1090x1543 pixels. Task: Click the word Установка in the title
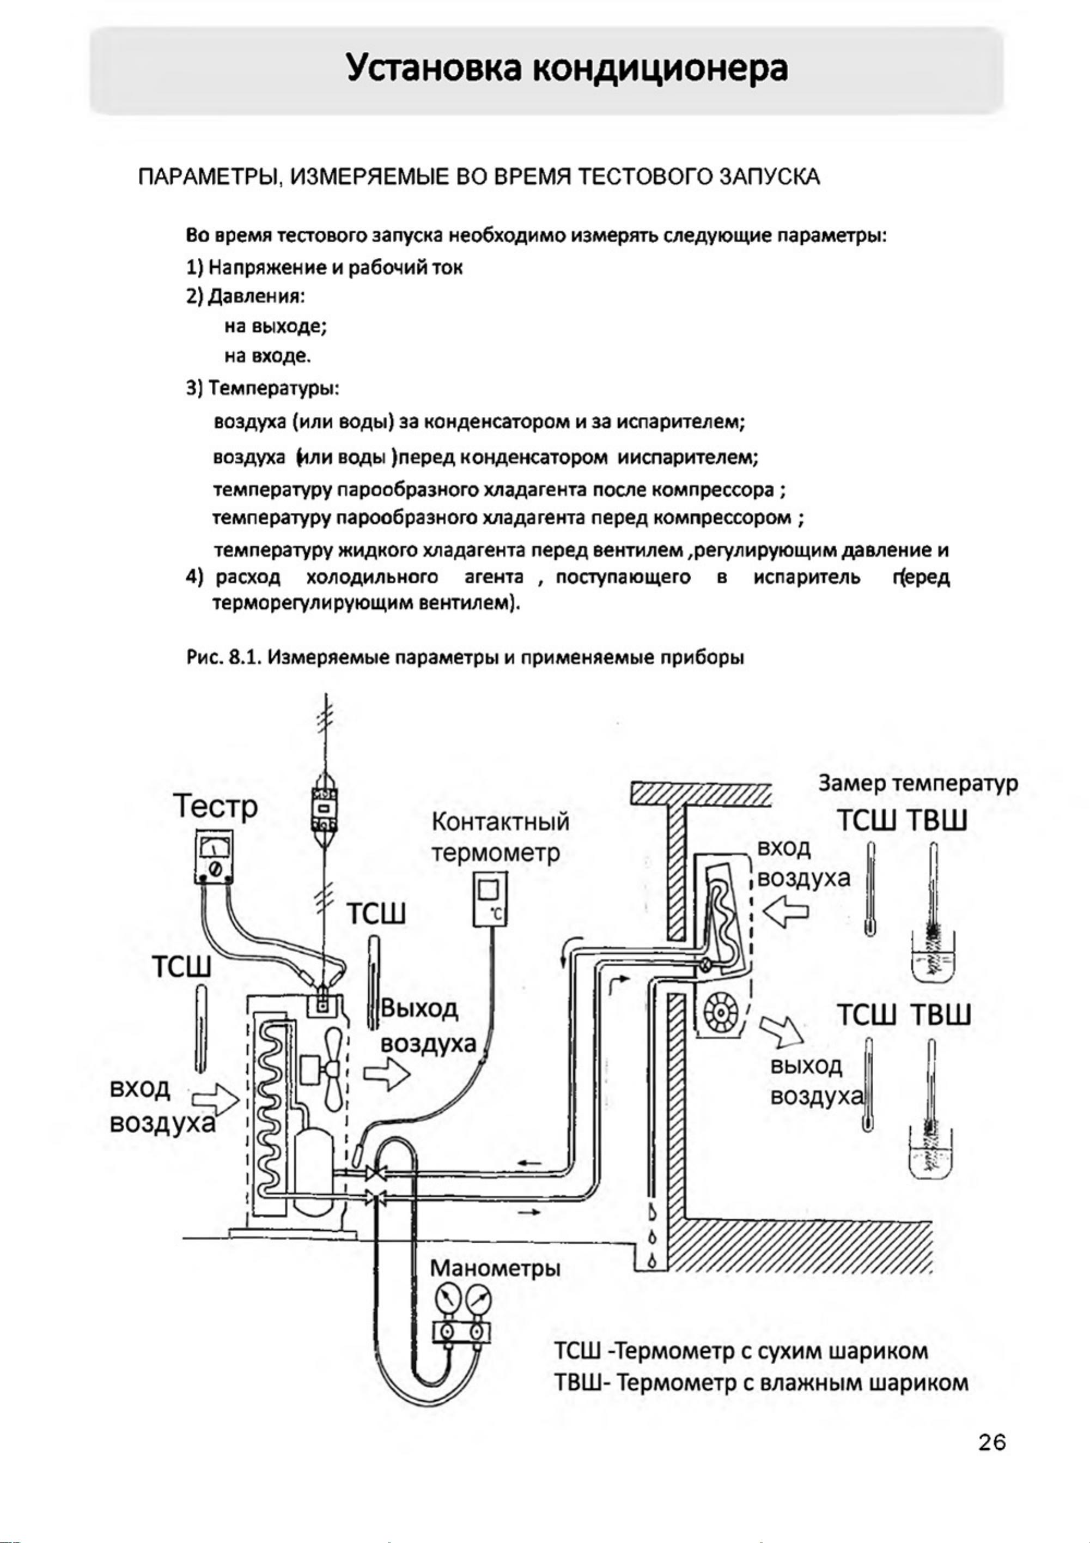coord(430,69)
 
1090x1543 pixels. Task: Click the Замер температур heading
coord(918,784)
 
